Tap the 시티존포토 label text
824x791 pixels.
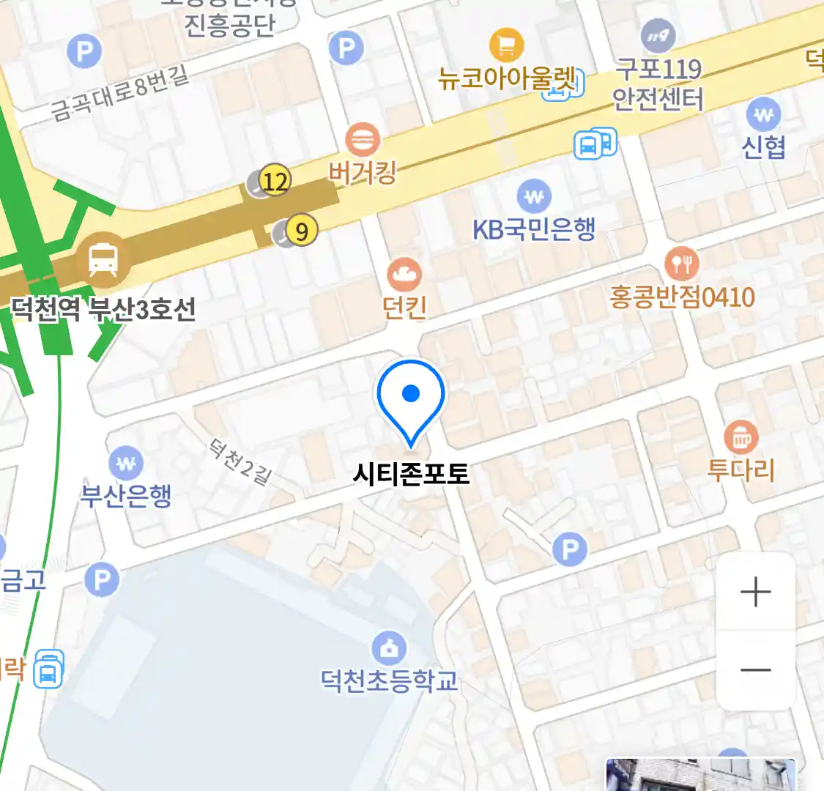pyautogui.click(x=411, y=473)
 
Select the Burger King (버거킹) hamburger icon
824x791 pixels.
pyautogui.click(x=362, y=139)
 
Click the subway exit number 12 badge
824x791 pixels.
pyautogui.click(x=275, y=180)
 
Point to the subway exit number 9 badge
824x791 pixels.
pyautogui.click(x=301, y=231)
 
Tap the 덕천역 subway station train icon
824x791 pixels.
pyautogui.click(x=103, y=260)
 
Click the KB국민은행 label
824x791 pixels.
pyautogui.click(x=534, y=230)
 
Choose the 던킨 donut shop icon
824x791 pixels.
pyautogui.click(x=404, y=275)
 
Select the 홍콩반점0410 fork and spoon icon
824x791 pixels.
pyautogui.click(x=682, y=262)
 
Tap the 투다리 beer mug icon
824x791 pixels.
pyautogui.click(x=741, y=437)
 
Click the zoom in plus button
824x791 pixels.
pyautogui.click(x=756, y=592)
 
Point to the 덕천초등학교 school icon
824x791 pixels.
pyautogui.click(x=389, y=647)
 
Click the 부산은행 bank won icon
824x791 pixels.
pyautogui.click(x=126, y=463)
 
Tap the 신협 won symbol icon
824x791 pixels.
pyautogui.click(x=763, y=115)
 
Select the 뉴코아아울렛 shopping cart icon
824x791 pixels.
pyautogui.click(x=506, y=45)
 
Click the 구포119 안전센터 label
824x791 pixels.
pyautogui.click(x=658, y=84)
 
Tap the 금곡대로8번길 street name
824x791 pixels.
pyautogui.click(x=120, y=92)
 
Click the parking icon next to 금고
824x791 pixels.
pyautogui.click(x=101, y=580)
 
